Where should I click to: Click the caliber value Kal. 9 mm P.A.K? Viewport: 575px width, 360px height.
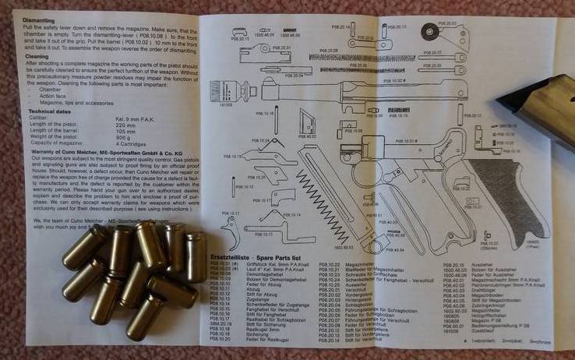point(136,119)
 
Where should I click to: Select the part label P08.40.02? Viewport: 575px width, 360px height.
point(310,136)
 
